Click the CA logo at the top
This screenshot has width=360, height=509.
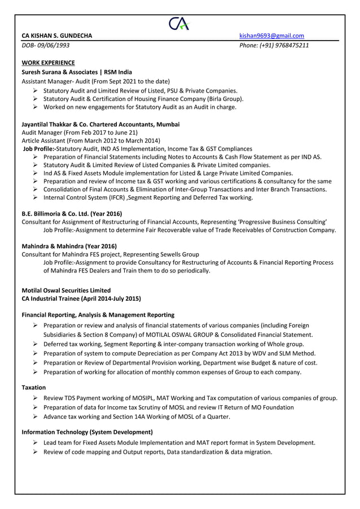tap(179, 24)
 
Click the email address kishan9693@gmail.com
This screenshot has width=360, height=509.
tap(271, 36)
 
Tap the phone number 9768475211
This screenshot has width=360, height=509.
tap(289, 46)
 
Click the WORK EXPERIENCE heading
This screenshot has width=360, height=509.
tap(48, 63)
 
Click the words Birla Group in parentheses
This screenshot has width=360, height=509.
tap(225, 98)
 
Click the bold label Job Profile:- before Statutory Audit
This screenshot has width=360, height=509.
tap(39, 148)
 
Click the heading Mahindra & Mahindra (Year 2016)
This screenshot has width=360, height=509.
tap(69, 246)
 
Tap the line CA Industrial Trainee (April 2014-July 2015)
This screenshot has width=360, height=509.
tap(81, 299)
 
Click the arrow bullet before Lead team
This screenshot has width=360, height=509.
tap(35, 442)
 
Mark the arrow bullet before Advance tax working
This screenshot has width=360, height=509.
tap(35, 417)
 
